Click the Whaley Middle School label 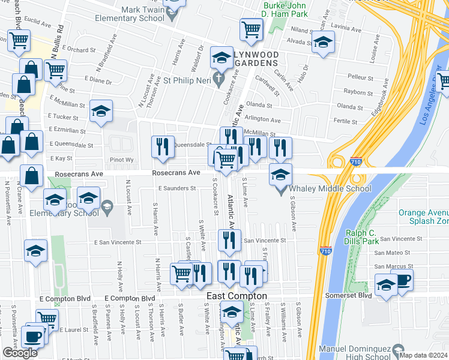point(331,189)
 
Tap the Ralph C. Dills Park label point(367,238)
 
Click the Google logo point(20,353)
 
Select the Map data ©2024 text point(423,355)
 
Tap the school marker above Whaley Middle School point(280,175)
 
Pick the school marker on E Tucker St point(101,110)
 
